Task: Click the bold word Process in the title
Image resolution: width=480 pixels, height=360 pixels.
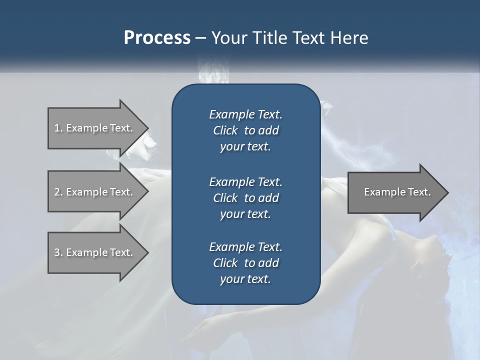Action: pos(157,38)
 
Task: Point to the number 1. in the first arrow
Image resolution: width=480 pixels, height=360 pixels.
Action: pos(58,128)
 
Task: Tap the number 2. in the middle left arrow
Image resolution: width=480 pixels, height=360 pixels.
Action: pos(58,192)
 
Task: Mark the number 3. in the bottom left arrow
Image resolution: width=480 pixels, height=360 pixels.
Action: pos(58,252)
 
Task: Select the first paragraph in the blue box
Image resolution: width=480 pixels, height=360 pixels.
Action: pos(245,130)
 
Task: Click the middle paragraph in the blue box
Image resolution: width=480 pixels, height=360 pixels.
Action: pos(245,197)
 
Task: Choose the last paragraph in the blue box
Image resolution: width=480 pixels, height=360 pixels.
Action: pos(245,263)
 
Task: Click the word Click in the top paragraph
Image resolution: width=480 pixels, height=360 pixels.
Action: pos(225,131)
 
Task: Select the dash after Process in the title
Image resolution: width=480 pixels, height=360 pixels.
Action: pos(200,38)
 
